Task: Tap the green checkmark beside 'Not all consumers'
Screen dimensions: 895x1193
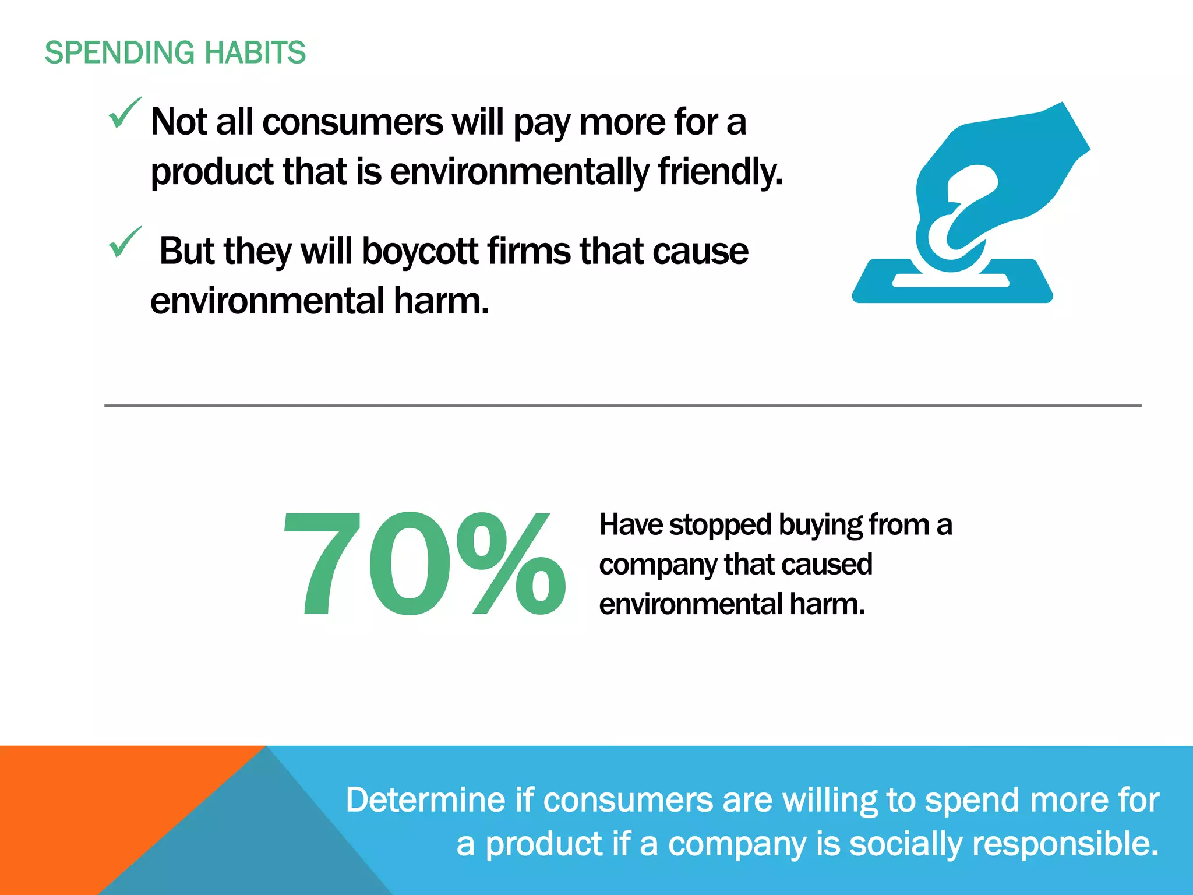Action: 125,113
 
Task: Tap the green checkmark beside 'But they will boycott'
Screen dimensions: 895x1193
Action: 125,242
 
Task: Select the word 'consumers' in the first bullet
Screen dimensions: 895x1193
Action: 352,123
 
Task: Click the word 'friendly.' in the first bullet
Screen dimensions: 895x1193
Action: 721,172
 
